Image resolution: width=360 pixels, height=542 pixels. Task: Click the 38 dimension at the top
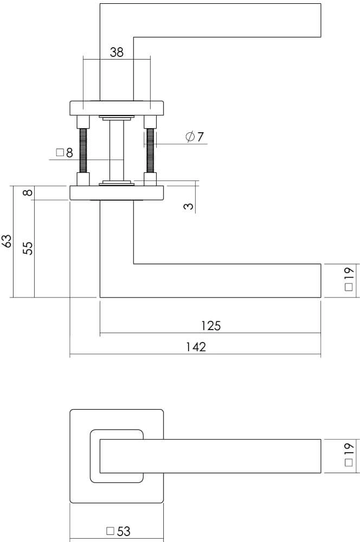(x=117, y=52)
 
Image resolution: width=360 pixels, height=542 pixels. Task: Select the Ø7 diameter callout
(x=194, y=137)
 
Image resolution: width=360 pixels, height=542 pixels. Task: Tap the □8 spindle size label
(x=64, y=153)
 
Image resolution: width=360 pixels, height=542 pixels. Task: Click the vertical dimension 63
(x=7, y=241)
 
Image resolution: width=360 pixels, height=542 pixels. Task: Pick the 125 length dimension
(x=210, y=325)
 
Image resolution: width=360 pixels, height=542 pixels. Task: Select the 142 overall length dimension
(x=196, y=347)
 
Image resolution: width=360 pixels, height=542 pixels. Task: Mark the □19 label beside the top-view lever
(x=349, y=454)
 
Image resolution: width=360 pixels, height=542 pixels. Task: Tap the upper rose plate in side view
(x=117, y=108)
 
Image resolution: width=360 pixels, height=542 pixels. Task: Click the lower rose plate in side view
(x=117, y=193)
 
